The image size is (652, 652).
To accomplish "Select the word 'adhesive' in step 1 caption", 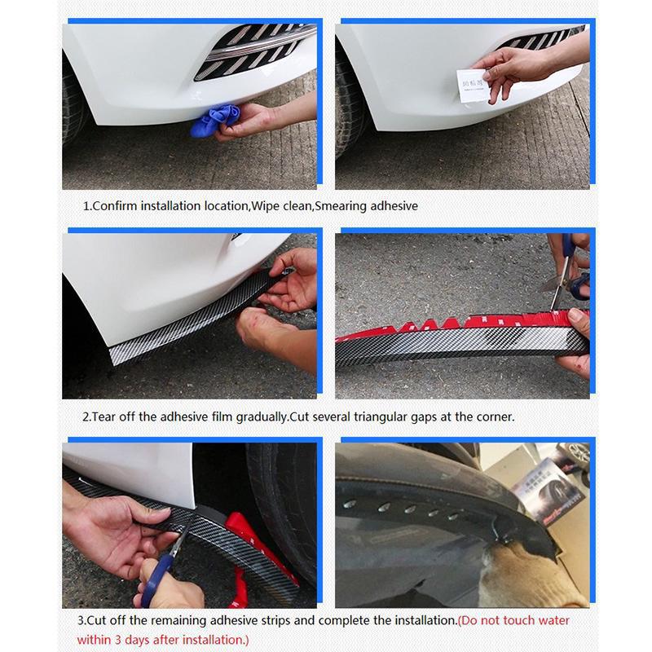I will pyautogui.click(x=394, y=206).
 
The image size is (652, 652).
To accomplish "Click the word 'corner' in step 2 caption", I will pyautogui.click(x=493, y=416).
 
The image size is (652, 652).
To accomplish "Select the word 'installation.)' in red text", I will pyautogui.click(x=209, y=640).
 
